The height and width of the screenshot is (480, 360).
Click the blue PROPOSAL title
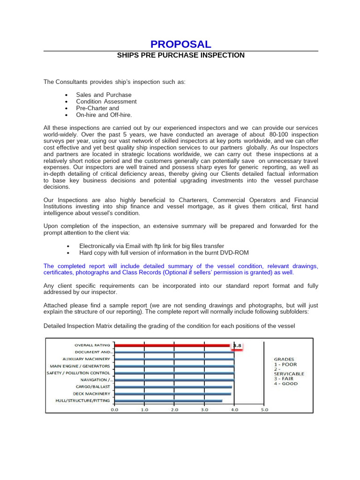pos(180,44)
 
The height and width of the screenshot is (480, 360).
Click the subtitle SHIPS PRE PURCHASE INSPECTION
pos(180,55)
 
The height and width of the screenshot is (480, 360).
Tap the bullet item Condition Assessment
pos(106,101)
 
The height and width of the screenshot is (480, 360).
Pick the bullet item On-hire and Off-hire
pos(104,114)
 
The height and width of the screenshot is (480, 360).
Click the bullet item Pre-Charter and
pos(97,108)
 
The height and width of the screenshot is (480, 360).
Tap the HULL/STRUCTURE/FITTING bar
pos(168,401)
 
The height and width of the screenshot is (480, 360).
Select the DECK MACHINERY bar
pos(172,394)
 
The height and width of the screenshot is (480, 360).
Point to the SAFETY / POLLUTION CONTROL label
pos(79,373)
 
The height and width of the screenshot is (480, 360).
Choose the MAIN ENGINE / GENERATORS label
pos(80,366)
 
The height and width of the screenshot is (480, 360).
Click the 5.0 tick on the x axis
pos(264,409)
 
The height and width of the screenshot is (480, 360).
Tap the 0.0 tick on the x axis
pos(114,409)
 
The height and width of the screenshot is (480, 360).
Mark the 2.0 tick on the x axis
pos(174,409)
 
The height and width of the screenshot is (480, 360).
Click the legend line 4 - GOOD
pos(285,383)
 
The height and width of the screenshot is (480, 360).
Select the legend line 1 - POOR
pos(285,364)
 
